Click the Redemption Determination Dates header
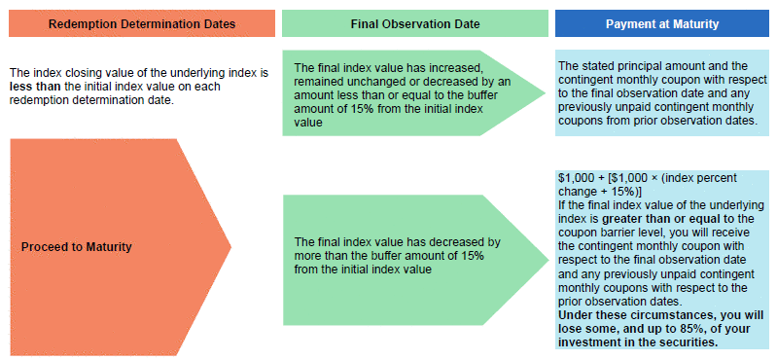click(142, 23)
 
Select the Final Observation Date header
click(415, 23)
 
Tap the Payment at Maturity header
click(662, 23)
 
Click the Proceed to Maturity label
click(76, 247)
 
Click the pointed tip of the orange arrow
click(230, 246)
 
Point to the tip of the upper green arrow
click(547, 92)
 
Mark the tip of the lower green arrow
click(548, 260)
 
